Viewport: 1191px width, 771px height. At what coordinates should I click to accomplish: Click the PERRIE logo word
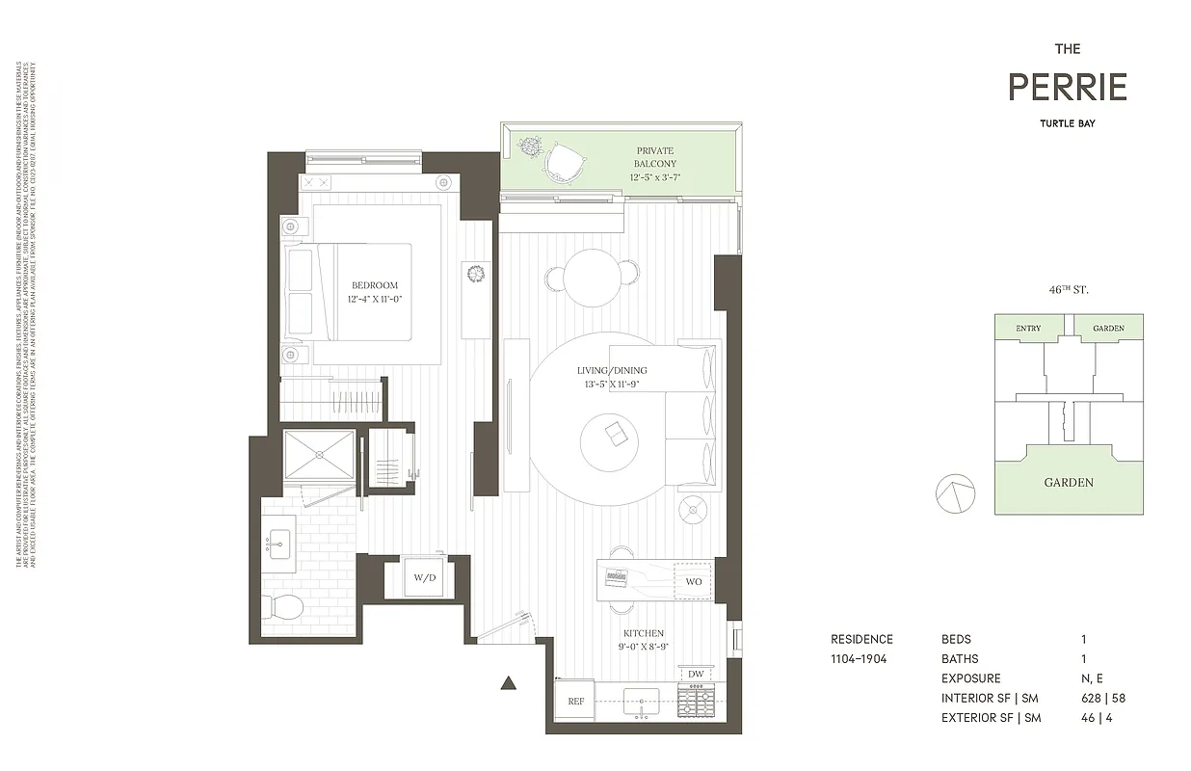point(1067,88)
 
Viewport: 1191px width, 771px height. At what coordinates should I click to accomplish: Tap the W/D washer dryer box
point(425,578)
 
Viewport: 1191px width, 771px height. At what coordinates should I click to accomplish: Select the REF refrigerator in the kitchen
point(575,701)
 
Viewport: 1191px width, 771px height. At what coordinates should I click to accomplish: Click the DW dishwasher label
point(695,674)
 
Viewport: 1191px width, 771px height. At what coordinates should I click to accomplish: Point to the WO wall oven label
point(694,582)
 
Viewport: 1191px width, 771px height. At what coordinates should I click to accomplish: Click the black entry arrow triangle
point(509,683)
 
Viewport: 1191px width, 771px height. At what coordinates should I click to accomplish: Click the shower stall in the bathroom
point(319,455)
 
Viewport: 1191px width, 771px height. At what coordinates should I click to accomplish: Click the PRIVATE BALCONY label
point(654,157)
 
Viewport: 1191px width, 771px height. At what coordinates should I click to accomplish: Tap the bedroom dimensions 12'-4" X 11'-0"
point(375,299)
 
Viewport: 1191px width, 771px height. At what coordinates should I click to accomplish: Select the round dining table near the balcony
point(592,277)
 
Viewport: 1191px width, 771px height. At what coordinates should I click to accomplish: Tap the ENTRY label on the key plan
point(1028,329)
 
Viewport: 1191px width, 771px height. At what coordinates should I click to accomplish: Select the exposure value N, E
point(1093,678)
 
